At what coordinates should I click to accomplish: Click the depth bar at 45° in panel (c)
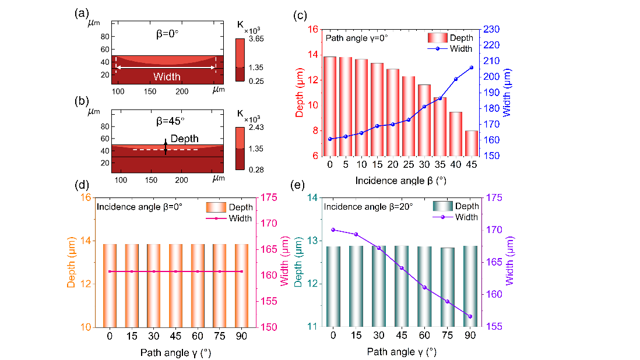pos(472,143)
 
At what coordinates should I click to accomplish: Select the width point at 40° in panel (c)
pos(456,79)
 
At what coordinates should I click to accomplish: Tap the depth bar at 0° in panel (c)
pos(330,106)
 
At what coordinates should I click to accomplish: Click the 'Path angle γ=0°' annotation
pos(357,38)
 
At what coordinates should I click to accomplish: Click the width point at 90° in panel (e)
pos(470,316)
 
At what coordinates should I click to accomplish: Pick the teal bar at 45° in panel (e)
pos(402,286)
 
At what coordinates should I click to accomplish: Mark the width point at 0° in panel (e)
pos(333,230)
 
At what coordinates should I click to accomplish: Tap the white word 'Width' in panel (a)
pos(167,76)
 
